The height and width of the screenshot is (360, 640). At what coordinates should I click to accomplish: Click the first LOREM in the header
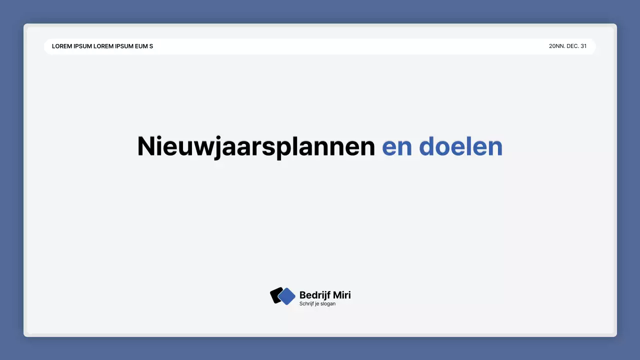coord(61,46)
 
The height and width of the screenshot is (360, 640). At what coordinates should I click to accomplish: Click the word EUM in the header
coord(141,46)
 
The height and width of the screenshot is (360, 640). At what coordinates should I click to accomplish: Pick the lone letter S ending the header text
coord(151,46)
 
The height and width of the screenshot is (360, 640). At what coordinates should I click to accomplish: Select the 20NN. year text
coord(556,46)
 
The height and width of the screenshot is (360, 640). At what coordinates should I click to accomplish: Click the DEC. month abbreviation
coord(573,46)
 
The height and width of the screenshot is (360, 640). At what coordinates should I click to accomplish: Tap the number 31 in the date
coord(583,46)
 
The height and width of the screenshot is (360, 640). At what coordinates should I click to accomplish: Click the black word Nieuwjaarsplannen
coord(256,146)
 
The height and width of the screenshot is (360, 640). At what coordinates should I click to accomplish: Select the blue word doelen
coord(460,146)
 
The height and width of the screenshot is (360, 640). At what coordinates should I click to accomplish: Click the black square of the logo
coord(274,295)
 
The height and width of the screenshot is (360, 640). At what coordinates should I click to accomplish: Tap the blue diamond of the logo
coord(286,296)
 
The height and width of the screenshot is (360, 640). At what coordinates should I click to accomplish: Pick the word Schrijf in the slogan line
coord(307,303)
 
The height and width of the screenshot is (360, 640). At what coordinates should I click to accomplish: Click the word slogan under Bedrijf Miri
coord(328,303)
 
